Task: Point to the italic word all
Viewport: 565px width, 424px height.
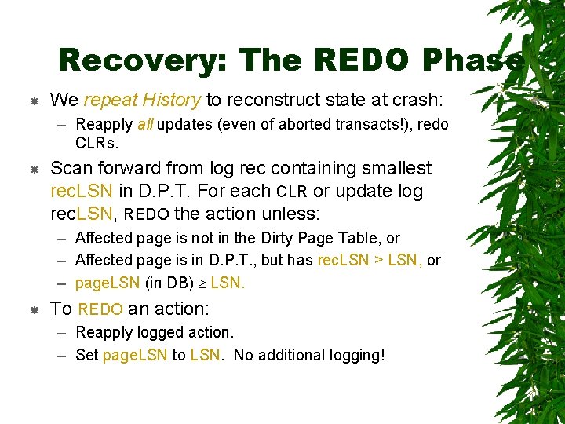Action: click(x=145, y=124)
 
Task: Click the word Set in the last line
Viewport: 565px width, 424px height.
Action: click(x=86, y=355)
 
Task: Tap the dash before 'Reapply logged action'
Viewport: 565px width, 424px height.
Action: click(x=64, y=333)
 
